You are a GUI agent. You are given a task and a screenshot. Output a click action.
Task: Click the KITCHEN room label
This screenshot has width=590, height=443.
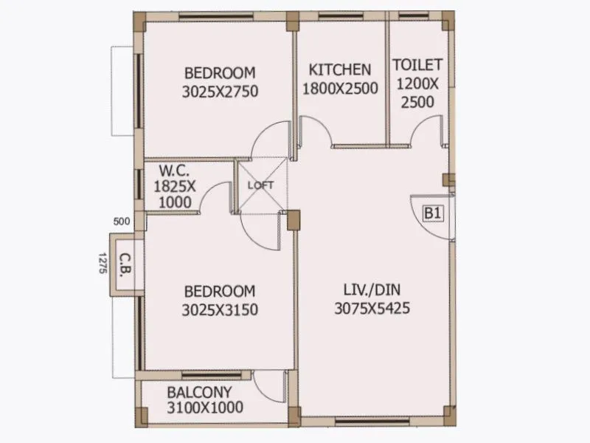[339, 70]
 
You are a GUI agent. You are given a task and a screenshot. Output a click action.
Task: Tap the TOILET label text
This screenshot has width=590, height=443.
[417, 64]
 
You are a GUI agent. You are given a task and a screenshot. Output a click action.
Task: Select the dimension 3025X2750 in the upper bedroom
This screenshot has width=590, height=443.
[220, 92]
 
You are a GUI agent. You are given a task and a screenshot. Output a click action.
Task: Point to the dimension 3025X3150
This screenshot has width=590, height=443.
[220, 309]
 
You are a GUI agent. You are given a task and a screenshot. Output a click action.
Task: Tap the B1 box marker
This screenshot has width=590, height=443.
[432, 214]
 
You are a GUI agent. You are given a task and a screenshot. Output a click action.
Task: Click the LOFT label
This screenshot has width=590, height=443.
[260, 185]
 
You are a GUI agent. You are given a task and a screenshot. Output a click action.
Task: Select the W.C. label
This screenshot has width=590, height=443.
[173, 172]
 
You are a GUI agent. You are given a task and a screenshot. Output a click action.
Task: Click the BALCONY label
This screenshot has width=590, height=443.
[199, 392]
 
